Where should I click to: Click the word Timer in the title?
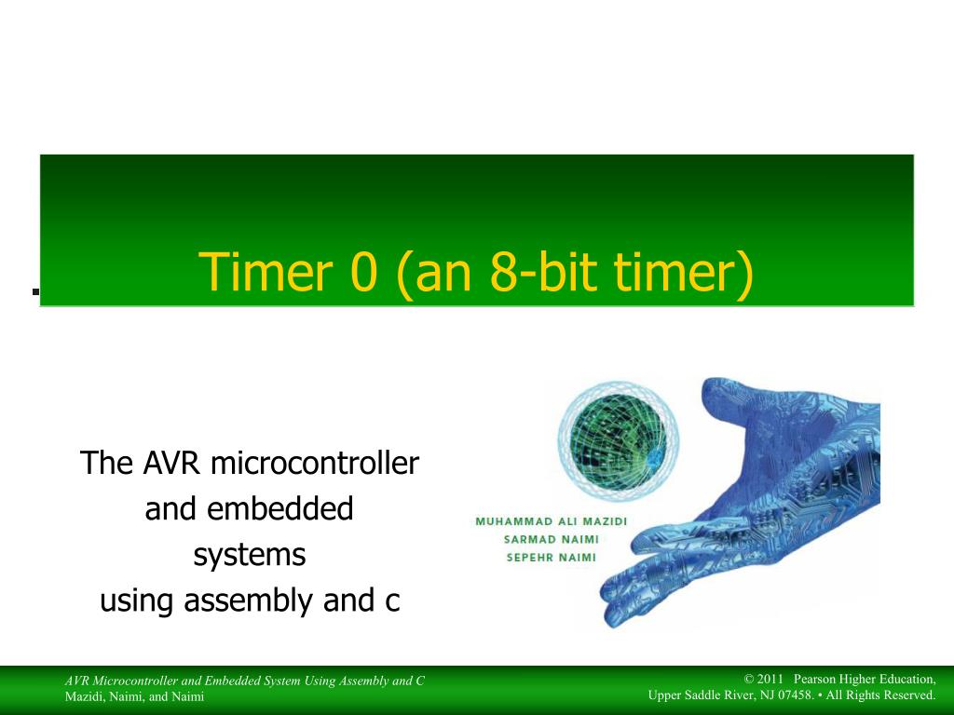click(266, 271)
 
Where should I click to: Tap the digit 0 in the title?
click(364, 272)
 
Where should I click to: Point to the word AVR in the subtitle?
click(171, 463)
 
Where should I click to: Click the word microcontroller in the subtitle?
click(315, 463)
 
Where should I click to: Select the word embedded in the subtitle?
click(279, 508)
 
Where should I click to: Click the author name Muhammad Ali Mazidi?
click(552, 521)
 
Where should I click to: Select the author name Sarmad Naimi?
click(552, 539)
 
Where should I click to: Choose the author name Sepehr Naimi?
click(552, 558)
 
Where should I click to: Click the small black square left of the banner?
click(36, 291)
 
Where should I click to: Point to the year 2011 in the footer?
click(770, 679)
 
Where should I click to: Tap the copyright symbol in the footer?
click(749, 679)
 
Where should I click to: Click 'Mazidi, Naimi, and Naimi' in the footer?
click(134, 696)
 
